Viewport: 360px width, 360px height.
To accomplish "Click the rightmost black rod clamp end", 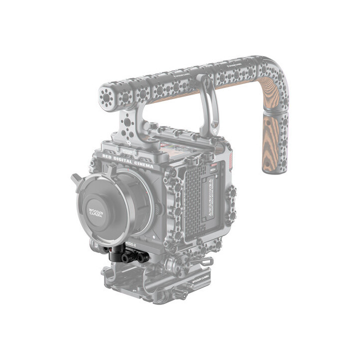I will coord(143,257).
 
